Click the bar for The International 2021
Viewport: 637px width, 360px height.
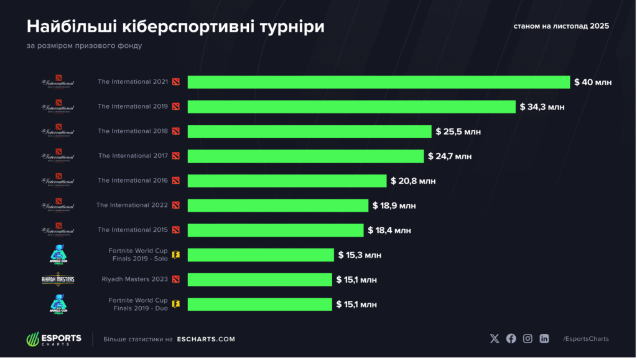click(x=379, y=82)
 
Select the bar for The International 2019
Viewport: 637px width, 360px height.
click(x=351, y=107)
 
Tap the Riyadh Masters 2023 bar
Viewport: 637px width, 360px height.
click(x=259, y=280)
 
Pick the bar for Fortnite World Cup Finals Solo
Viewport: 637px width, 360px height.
click(x=261, y=255)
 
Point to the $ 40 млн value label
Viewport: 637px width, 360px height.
click(x=593, y=82)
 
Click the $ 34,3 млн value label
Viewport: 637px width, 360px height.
click(x=542, y=107)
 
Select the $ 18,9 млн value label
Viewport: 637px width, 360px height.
click(x=394, y=205)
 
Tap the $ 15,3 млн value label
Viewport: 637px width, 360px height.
click(x=360, y=255)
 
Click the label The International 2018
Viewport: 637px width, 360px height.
click(x=133, y=131)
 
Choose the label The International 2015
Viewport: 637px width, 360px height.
click(x=133, y=230)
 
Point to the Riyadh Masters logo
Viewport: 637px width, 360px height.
click(x=58, y=279)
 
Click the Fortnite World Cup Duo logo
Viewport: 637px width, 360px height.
click(x=58, y=304)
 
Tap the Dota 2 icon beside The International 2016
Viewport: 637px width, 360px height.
click(x=176, y=181)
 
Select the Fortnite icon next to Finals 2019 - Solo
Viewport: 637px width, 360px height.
click(x=176, y=255)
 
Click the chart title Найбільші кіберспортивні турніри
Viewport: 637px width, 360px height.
click(x=175, y=27)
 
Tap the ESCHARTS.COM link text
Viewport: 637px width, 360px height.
click(x=206, y=339)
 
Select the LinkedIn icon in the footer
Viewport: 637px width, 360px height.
click(x=544, y=339)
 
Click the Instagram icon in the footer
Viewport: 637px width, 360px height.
click(x=528, y=339)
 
